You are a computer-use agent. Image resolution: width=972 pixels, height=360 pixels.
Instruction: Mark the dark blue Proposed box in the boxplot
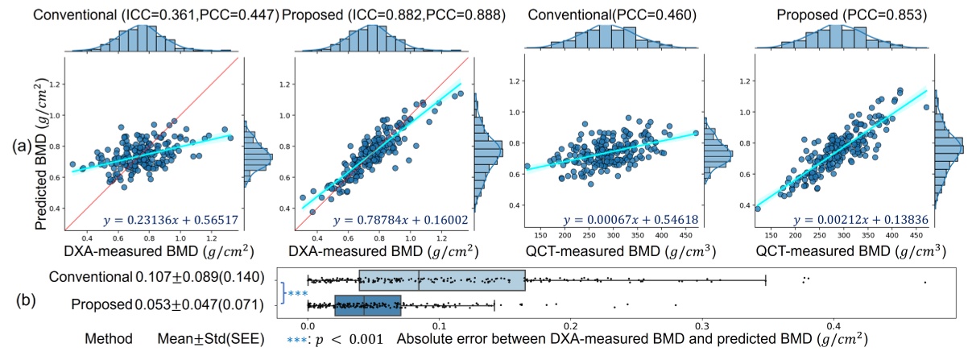coord(367,306)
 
